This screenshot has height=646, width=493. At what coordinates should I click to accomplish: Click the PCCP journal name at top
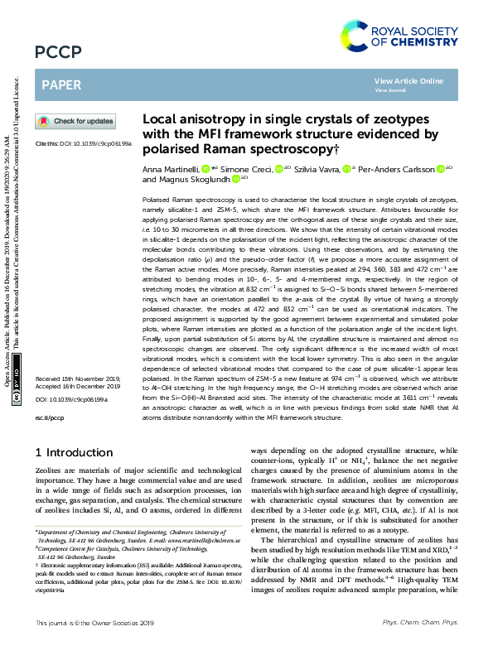58,52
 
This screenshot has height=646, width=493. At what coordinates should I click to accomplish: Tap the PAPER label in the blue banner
60,84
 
